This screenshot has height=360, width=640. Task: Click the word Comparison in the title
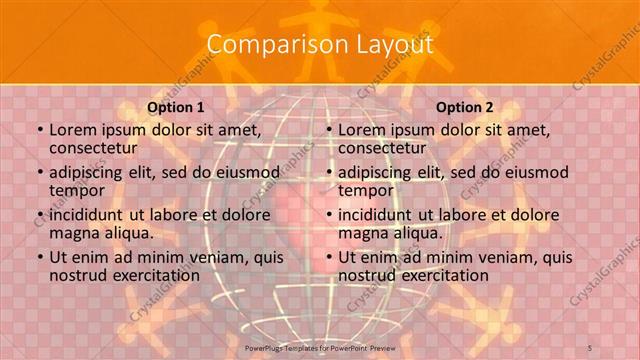tap(266, 44)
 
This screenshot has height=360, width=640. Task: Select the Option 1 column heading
tap(176, 107)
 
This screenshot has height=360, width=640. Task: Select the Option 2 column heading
tap(465, 107)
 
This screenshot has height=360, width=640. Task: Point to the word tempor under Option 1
tap(77, 190)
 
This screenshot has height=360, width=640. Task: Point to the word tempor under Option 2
tap(366, 190)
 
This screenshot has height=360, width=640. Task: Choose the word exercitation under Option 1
tap(152, 275)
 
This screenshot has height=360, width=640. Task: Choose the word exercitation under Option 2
tap(441, 275)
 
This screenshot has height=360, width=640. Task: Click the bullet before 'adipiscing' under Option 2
tap(328, 172)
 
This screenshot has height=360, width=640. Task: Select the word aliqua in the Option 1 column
tap(125, 232)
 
